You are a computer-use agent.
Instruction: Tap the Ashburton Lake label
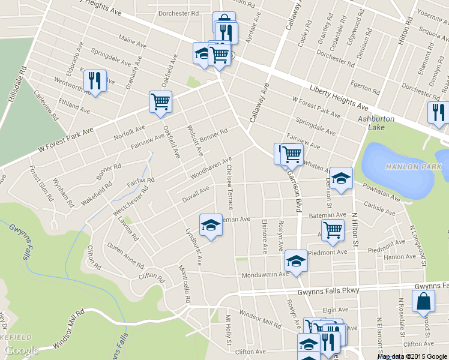tap(375, 123)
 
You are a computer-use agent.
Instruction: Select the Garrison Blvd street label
tap(293, 188)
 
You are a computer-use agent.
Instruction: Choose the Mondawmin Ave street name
tap(265, 275)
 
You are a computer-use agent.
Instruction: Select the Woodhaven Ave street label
tap(210, 169)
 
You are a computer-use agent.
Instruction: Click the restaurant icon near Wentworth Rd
tap(95, 80)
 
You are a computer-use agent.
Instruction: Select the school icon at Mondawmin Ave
tap(295, 260)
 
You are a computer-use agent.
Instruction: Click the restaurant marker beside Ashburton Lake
tap(438, 112)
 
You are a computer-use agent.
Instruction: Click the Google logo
tap(22, 350)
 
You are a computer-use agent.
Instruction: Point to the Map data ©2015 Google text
tap(412, 356)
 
